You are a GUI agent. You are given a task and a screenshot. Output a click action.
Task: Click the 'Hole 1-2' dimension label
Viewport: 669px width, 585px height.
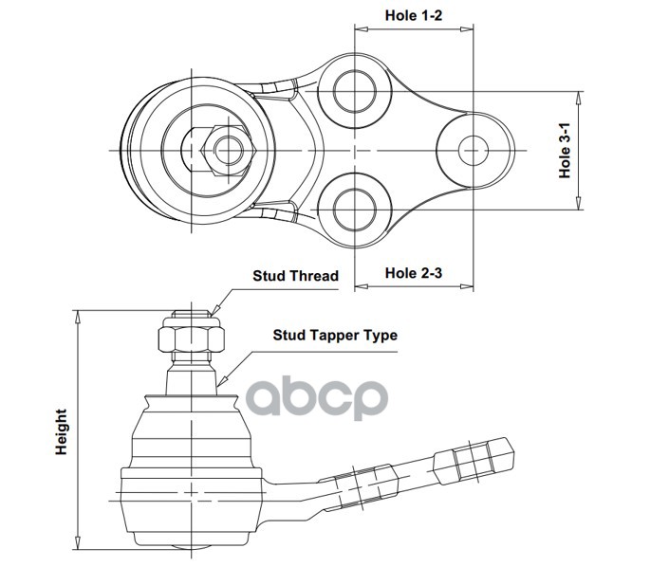click(415, 15)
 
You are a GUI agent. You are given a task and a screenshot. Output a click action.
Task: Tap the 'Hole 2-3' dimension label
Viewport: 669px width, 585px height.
click(415, 273)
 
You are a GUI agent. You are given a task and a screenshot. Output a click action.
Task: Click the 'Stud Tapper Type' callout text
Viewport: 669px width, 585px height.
click(335, 335)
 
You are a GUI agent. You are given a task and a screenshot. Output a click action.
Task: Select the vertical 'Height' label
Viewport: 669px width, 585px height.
click(61, 432)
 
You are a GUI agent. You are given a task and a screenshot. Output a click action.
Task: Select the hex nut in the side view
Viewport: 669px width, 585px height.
click(193, 335)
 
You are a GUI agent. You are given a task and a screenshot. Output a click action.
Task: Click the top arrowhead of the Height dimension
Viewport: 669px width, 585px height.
click(78, 314)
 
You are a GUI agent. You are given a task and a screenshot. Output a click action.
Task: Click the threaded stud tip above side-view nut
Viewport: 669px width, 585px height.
click(192, 311)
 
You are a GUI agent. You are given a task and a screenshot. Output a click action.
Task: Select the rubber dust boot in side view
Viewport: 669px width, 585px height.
click(192, 431)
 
